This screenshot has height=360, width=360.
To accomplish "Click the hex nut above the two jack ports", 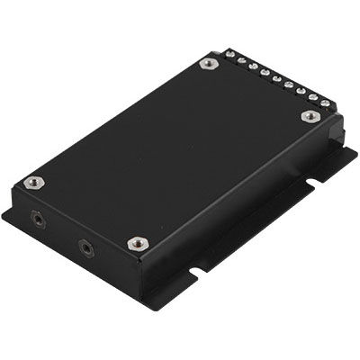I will [x=34, y=182].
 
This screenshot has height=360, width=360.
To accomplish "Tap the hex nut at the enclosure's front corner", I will [x=138, y=243].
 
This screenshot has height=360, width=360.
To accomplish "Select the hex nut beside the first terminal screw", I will [x=208, y=64].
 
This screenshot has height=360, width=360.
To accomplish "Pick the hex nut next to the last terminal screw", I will [x=310, y=116].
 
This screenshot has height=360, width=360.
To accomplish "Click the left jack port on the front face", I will [x=37, y=217].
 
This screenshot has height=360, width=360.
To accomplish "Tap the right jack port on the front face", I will [x=85, y=246].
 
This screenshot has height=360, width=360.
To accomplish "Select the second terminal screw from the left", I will [x=241, y=60].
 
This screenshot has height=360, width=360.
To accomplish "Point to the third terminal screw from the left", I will [x=253, y=67].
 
